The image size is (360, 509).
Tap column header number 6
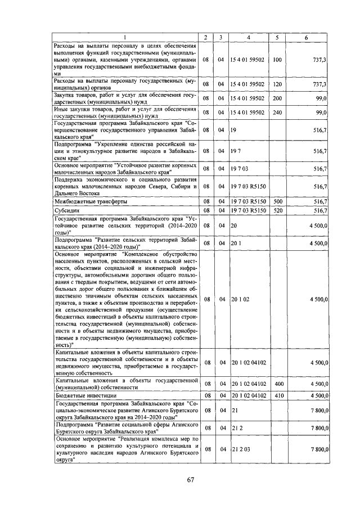coord(306,37)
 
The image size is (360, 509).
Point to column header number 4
coord(249,37)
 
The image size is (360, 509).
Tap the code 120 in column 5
coord(277,84)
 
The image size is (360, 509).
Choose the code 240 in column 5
coord(277,112)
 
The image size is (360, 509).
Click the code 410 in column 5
coord(277,395)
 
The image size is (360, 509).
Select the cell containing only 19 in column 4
coord(232,130)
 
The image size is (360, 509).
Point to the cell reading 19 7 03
coord(239,168)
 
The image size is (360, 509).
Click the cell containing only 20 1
coord(236,244)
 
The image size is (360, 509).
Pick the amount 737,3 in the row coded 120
coord(319,84)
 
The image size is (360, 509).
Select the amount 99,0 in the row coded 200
coord(321,98)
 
